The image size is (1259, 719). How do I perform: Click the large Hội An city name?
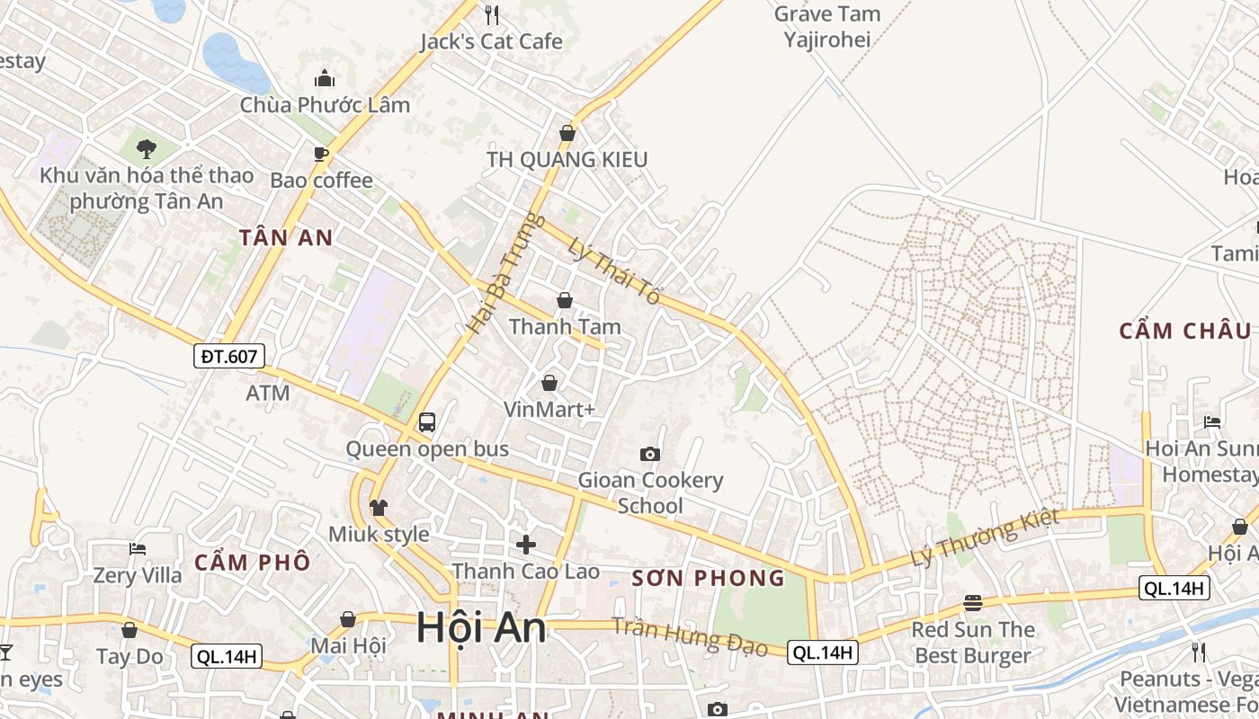tap(481, 627)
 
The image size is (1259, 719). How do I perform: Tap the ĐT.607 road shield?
tap(229, 356)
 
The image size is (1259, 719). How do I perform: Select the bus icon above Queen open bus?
tap(427, 422)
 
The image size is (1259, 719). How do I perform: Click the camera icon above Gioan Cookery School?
tap(649, 454)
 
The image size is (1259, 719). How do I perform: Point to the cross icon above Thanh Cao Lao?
tap(526, 544)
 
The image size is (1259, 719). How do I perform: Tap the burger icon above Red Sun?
tap(972, 602)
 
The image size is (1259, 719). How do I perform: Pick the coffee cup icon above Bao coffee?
tap(321, 154)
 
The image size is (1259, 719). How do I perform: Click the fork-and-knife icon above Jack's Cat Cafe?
tap(491, 14)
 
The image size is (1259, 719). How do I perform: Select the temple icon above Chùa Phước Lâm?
tap(325, 78)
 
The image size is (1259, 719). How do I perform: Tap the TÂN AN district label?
tap(286, 238)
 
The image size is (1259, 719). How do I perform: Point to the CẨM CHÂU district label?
tap(1184, 331)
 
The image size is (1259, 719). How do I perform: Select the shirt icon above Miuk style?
tap(378, 508)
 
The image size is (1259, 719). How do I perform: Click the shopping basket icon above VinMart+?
tap(549, 384)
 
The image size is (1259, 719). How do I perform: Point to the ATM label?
tap(268, 393)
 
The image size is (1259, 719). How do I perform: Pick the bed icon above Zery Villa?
tap(137, 548)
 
